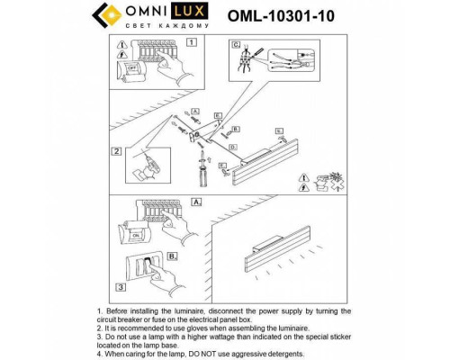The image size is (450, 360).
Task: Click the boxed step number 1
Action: click(191, 42)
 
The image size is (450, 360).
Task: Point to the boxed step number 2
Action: click(117, 151)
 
